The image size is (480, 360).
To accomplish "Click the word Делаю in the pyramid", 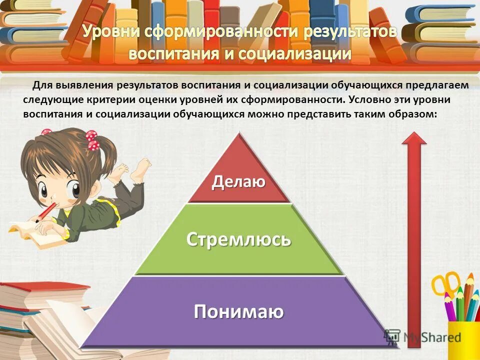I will coord(238,181).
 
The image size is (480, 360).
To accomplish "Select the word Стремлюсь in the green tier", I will coord(238,239).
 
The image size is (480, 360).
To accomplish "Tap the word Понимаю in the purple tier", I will coord(238,311).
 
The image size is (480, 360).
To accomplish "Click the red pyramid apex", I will coord(240,145).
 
